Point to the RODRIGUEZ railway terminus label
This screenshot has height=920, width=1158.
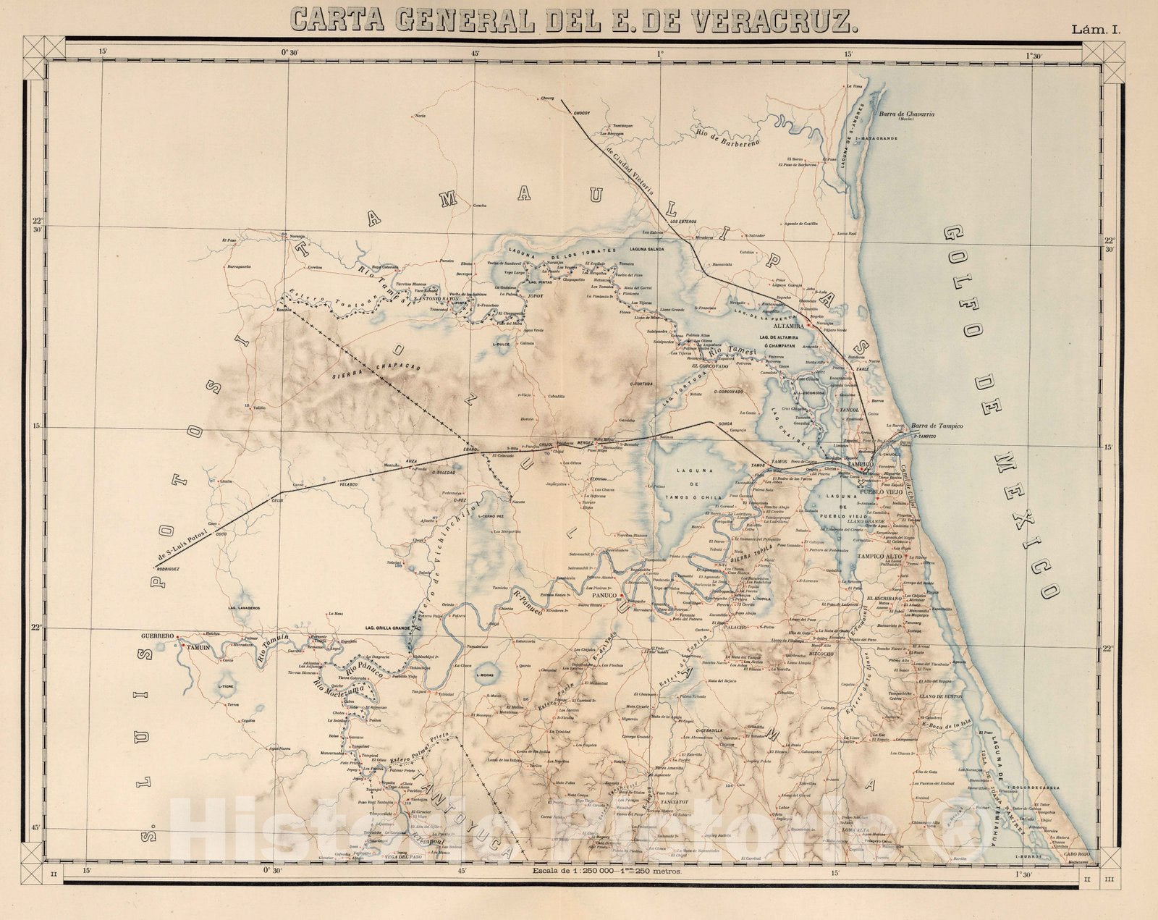click(x=164, y=570)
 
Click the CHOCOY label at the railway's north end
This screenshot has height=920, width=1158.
click(x=582, y=114)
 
